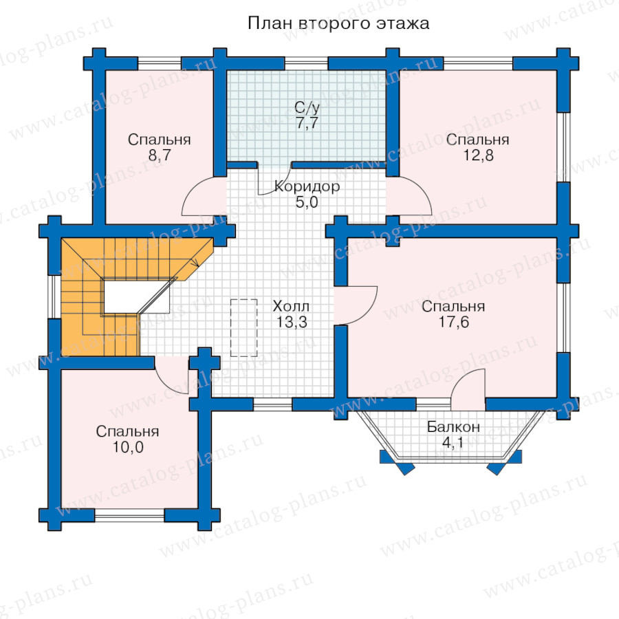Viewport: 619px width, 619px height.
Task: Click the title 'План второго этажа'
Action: point(338,23)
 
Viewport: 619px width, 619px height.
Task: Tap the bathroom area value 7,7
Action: point(307,123)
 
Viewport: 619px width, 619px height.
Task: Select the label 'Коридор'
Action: point(307,186)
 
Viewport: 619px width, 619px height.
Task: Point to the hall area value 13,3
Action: point(292,322)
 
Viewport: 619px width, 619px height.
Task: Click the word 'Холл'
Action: point(291,306)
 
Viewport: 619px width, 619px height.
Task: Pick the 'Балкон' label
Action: point(454,426)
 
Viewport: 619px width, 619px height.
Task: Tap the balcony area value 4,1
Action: point(453,442)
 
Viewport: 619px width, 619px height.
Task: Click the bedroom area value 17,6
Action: point(454,322)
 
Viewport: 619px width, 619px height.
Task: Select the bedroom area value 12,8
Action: point(478,155)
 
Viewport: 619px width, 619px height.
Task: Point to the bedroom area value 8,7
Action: point(160,155)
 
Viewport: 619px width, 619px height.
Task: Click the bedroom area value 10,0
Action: point(128,447)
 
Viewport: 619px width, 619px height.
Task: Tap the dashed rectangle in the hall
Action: point(244,327)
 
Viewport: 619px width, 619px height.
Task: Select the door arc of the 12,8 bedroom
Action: point(421,191)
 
